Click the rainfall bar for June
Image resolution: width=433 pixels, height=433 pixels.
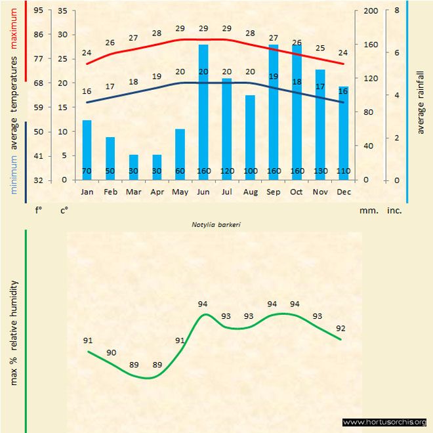(x=203, y=112)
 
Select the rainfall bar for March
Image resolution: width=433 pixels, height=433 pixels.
(x=133, y=167)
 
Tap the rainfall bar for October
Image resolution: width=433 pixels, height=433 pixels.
(x=297, y=112)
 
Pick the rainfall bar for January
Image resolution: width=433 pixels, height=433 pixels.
(x=87, y=150)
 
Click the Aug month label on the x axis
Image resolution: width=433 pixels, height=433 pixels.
(x=250, y=192)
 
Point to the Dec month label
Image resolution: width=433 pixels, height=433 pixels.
(x=343, y=192)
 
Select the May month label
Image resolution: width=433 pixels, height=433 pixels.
(x=180, y=192)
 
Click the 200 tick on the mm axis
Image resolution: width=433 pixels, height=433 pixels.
(x=371, y=10)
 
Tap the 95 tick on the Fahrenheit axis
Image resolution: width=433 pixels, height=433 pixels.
(x=39, y=10)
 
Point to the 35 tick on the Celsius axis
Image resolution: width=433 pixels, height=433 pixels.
(x=63, y=10)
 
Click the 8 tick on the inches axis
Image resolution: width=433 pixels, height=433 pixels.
(x=397, y=10)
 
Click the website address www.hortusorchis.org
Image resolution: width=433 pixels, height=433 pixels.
(x=384, y=422)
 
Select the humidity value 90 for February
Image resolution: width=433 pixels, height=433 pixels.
(x=111, y=353)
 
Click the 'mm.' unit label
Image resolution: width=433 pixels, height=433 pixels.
(x=368, y=211)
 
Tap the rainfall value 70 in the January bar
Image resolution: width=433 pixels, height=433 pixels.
(x=87, y=171)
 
